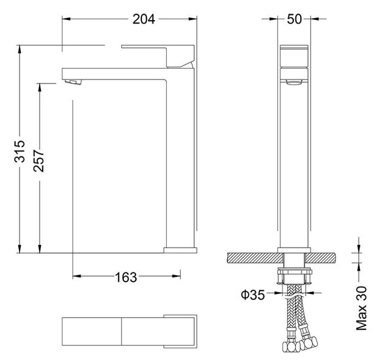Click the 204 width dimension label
pos(143,19)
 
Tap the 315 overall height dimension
pos(20,151)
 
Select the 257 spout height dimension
pos(39,161)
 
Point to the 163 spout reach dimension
pos(126,277)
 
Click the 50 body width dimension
pos(294,19)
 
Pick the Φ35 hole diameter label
pos(253,295)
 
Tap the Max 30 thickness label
pos(361,308)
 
